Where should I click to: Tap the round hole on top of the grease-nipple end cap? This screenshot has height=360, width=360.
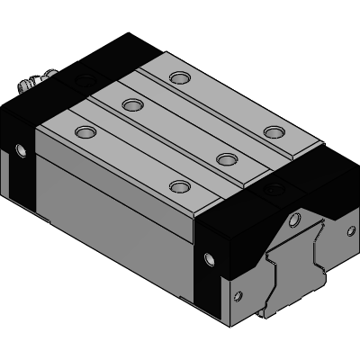(86, 80)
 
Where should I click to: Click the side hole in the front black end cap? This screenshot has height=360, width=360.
(210, 260)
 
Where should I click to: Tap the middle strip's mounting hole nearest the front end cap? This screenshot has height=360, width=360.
(227, 159)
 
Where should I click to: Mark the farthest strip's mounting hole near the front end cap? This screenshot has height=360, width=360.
(273, 133)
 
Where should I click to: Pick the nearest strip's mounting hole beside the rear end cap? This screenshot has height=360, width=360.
(86, 132)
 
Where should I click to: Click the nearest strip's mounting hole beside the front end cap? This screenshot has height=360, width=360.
(180, 188)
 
